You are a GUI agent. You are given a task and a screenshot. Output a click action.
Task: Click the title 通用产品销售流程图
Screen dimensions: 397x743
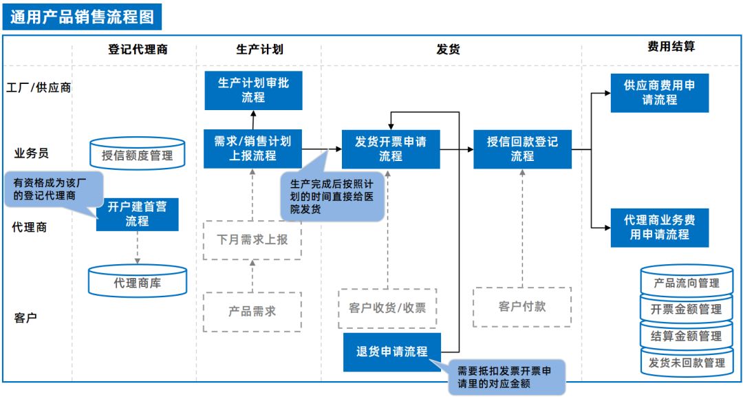pos(82,16)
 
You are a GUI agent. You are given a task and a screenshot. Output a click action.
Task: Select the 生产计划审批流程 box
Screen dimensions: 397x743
pos(253,90)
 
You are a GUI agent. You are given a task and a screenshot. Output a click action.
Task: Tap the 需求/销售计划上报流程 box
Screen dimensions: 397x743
pos(252,149)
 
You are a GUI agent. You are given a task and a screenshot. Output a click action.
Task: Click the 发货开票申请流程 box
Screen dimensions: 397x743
pos(391,149)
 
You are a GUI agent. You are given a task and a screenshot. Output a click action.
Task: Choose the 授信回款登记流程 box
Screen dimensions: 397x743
pos(522,149)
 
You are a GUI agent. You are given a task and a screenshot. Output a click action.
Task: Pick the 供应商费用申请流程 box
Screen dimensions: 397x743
pos(659,93)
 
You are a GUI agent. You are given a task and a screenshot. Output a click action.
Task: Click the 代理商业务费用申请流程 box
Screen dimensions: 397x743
pos(659,227)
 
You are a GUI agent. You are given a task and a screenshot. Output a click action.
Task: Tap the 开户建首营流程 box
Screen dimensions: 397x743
pos(137,214)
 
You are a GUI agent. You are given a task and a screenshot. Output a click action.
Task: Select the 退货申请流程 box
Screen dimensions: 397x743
pos(391,352)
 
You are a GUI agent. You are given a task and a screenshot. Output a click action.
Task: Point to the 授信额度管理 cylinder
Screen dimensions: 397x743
pos(138,155)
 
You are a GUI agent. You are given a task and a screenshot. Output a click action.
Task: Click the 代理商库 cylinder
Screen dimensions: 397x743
pos(138,282)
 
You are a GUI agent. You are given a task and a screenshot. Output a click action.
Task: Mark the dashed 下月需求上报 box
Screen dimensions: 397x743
pos(252,240)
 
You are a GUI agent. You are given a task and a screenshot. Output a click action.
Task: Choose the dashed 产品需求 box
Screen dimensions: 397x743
pos(252,311)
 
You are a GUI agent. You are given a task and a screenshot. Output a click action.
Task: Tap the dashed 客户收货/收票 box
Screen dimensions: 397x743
pos(387,308)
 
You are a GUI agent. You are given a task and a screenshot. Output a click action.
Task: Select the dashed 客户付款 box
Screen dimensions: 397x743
pos(522,307)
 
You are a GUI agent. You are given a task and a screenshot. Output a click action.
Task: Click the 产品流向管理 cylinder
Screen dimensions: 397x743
pos(687,283)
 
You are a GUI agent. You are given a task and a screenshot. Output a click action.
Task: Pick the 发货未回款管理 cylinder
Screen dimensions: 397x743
pos(687,362)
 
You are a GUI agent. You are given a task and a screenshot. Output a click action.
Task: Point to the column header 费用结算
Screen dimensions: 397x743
pos(671,47)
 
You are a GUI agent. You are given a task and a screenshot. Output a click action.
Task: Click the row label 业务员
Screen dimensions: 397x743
pos(32,153)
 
